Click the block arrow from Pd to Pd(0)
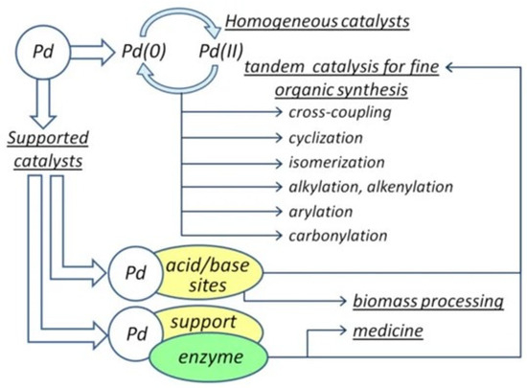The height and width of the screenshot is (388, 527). click(x=95, y=48)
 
